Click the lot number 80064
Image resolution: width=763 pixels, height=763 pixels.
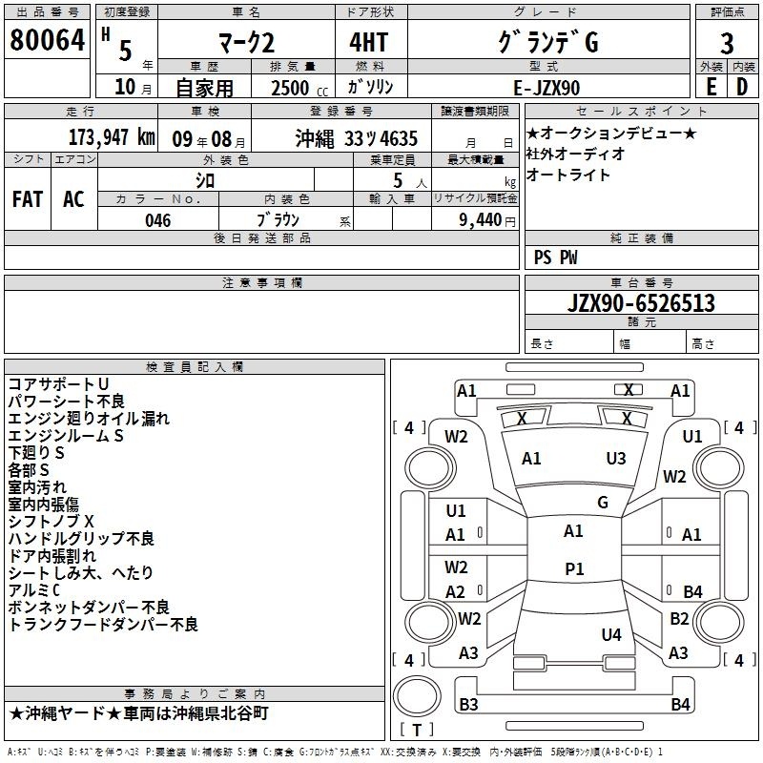pos(47,40)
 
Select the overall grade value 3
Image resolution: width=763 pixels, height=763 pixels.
pos(727,44)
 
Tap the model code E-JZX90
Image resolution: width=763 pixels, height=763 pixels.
pos(546,88)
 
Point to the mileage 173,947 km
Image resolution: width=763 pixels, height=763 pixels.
pos(112,137)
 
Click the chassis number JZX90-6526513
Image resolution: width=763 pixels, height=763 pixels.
pos(641,303)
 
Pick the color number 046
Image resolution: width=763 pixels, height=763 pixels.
pos(158,220)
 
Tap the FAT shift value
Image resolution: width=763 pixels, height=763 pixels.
pos(28,199)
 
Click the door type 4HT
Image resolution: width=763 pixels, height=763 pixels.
pos(369,42)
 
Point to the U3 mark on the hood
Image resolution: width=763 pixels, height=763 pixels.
pos(616,459)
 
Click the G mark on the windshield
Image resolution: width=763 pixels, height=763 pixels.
pos(603,503)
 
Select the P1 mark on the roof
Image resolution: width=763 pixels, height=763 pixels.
pos(574,568)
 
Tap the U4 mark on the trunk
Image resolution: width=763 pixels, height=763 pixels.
pos(611,634)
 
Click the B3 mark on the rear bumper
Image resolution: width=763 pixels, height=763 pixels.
pos(468,704)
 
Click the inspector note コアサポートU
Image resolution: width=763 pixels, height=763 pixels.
pos(58,384)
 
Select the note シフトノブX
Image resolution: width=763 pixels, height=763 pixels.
pos(52,522)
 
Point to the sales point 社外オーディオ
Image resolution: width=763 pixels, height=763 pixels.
pos(575,154)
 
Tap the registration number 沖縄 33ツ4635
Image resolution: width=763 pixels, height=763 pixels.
pos(356,139)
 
